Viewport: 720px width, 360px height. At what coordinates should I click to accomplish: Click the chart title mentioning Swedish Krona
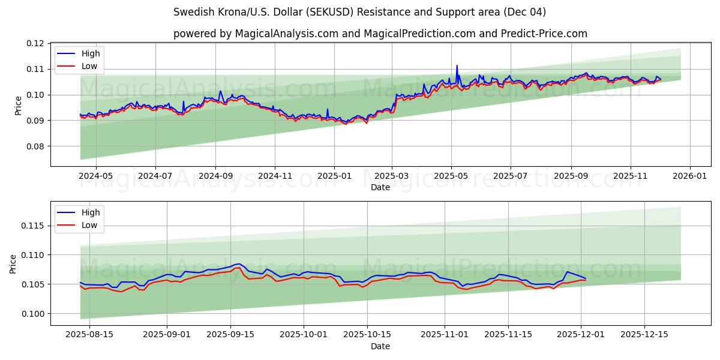(359, 12)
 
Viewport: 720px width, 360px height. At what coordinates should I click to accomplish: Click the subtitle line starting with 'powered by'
(380, 34)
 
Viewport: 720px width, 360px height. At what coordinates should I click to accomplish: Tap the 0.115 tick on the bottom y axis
(34, 226)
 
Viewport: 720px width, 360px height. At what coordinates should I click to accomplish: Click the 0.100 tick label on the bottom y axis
(34, 314)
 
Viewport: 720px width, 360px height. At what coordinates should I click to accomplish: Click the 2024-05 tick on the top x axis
(96, 176)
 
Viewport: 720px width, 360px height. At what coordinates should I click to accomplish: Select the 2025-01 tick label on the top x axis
(334, 176)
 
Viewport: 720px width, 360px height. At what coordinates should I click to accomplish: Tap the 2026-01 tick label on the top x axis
(689, 176)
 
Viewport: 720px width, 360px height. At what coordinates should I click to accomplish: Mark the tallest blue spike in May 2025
(457, 65)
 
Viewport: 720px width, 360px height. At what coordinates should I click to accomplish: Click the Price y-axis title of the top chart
(18, 104)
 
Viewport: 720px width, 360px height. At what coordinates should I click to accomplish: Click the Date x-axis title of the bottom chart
(380, 346)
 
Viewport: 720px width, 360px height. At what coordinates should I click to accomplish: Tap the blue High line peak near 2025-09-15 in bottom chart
(239, 263)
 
